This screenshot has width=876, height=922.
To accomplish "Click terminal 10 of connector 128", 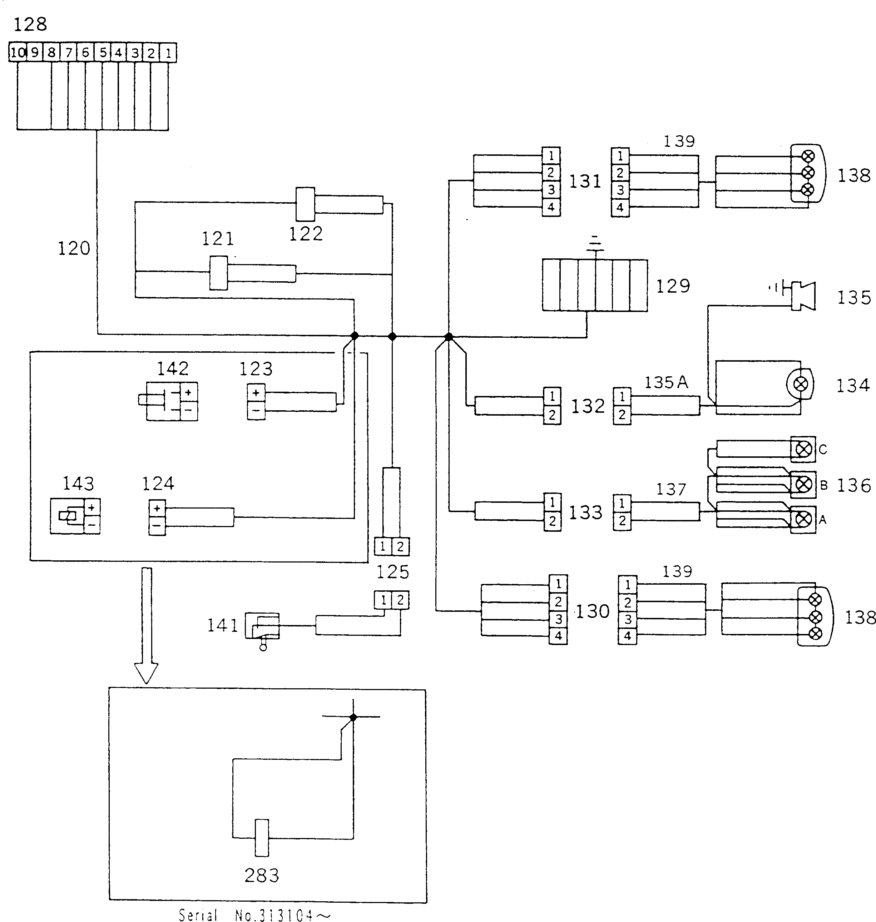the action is click(x=17, y=52).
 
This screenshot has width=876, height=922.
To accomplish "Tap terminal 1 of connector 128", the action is click(x=168, y=52).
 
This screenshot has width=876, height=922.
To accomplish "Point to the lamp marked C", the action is click(x=803, y=450).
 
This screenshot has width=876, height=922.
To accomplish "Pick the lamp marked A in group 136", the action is click(x=803, y=519).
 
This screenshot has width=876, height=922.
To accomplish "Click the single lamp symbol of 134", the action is click(x=800, y=384).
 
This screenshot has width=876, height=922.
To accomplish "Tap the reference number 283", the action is click(x=262, y=875).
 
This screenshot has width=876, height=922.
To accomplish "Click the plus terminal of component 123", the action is click(x=256, y=393).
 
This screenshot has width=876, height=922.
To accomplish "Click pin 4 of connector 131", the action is click(x=551, y=207).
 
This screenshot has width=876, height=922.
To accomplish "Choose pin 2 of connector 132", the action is click(x=552, y=415).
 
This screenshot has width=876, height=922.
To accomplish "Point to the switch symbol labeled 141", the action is click(x=262, y=628).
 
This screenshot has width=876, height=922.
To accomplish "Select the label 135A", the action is click(x=666, y=382).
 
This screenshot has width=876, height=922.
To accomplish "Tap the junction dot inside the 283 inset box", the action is click(x=353, y=717).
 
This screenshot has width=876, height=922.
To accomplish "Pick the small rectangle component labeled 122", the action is click(x=305, y=204).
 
